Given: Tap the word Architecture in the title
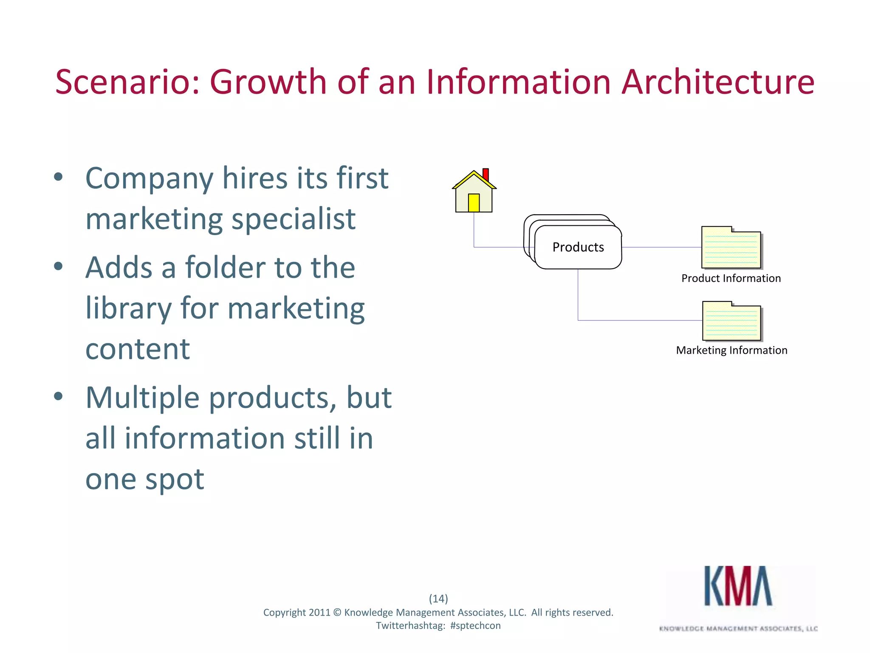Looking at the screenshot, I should [x=718, y=82].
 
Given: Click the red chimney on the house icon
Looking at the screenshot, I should [x=486, y=174].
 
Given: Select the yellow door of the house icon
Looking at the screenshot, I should [x=474, y=203].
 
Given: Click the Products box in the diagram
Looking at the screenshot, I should [x=578, y=247].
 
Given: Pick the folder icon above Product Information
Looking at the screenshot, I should [x=731, y=248].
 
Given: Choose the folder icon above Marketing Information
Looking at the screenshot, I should [x=732, y=321].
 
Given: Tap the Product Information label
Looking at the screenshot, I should [x=731, y=278].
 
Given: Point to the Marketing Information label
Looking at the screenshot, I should [x=732, y=350].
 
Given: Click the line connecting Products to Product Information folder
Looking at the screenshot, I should [x=661, y=247].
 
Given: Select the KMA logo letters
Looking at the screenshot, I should [x=738, y=587].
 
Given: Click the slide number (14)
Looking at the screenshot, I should [x=438, y=599].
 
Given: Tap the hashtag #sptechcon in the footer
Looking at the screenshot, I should [x=475, y=626].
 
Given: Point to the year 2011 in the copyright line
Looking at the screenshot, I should [x=319, y=613].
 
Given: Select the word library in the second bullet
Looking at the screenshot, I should [x=128, y=308].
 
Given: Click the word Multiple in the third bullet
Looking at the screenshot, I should [x=142, y=398].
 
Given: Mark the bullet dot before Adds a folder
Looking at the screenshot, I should [x=59, y=267].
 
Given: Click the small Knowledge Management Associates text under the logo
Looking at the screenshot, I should [x=738, y=629].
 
